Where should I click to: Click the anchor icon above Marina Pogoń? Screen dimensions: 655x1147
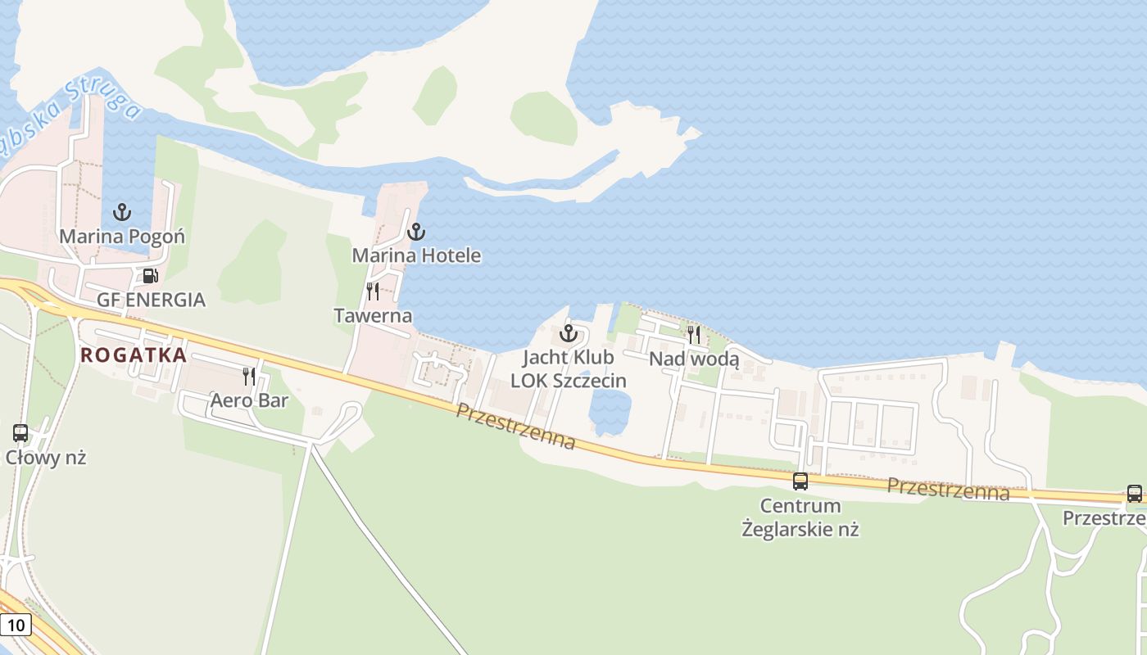[x=122, y=213]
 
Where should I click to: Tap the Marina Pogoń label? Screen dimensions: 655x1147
[x=122, y=237]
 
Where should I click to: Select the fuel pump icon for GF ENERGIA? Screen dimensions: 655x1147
[x=150, y=276]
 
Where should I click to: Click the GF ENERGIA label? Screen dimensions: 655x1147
[x=151, y=300]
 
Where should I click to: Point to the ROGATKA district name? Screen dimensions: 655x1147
[x=134, y=355]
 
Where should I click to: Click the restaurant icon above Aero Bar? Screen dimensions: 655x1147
[x=249, y=377]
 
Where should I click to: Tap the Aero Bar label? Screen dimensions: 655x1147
[x=249, y=400]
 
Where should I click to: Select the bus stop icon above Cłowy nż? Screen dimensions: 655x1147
[x=20, y=433]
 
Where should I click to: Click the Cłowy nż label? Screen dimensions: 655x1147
[x=46, y=458]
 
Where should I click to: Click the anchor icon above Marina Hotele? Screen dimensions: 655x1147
[x=416, y=232]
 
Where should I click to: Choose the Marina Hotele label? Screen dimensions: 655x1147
[x=416, y=255]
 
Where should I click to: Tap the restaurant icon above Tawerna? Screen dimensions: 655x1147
[x=373, y=291]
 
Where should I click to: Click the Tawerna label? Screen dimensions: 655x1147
[x=373, y=315]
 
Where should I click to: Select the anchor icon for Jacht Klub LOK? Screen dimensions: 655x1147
[x=569, y=333]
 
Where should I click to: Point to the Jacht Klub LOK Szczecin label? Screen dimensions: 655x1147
[x=569, y=369]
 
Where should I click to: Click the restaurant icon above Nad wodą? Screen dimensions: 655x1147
[x=694, y=334]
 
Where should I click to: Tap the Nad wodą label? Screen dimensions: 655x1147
[x=694, y=359]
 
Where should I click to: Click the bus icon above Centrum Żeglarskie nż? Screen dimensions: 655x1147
[x=800, y=481]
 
